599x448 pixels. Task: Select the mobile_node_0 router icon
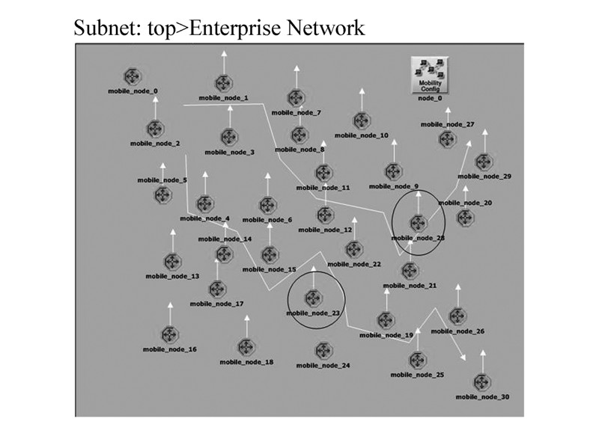coord(133,76)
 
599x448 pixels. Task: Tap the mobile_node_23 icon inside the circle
coord(314,298)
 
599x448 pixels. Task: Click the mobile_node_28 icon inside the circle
coord(418,223)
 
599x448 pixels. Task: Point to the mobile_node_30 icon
coord(482,382)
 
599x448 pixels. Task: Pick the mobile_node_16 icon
coord(170,334)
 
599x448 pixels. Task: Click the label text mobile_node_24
coord(323,366)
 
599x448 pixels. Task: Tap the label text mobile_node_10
coord(362,135)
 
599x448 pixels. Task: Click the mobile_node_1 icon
coord(223,84)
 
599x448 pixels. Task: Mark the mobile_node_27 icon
coord(448,140)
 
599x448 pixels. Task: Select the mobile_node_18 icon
coord(246,347)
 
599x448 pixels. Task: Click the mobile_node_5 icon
coord(162,196)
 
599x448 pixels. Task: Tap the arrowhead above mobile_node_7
coord(297,69)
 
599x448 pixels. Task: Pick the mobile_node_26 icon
coord(457,316)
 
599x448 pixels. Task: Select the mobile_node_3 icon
coord(228,138)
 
